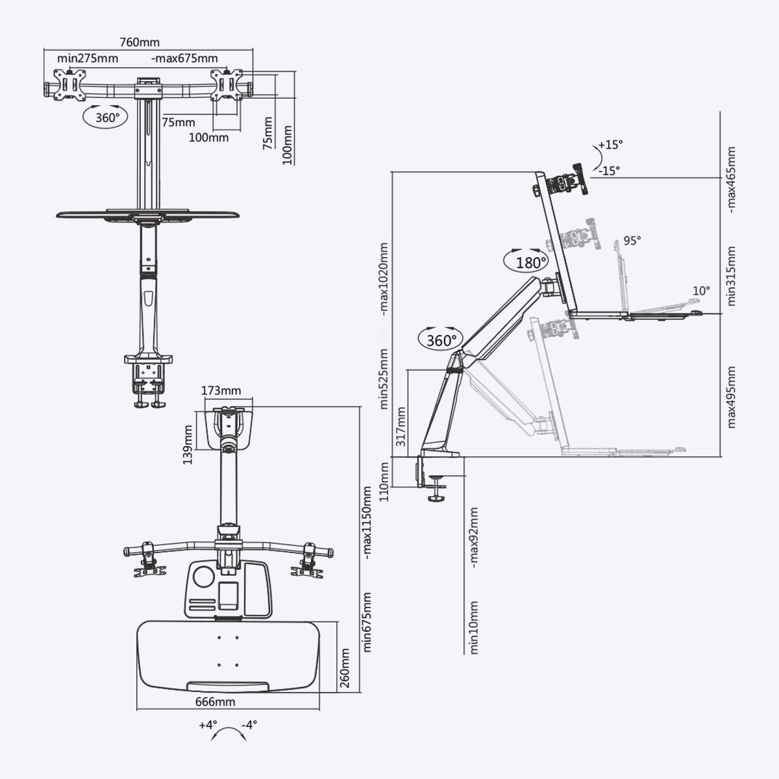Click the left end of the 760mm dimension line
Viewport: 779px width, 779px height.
[44, 49]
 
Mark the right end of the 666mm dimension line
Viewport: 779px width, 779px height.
[319, 709]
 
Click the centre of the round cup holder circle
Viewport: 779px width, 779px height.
[204, 577]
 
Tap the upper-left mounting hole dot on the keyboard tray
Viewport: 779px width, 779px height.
[219, 637]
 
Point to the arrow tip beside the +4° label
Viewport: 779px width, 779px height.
[212, 739]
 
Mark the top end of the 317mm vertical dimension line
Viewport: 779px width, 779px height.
[408, 370]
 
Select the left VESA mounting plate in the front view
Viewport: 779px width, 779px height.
[70, 84]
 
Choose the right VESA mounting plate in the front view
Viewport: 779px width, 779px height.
[227, 84]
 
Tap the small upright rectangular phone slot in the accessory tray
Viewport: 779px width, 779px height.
[228, 595]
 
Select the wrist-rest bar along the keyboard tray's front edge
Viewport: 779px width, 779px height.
[228, 686]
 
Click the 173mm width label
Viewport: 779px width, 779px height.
[221, 391]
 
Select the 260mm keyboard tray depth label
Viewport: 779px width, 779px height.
[345, 668]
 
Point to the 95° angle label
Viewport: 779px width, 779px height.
[632, 241]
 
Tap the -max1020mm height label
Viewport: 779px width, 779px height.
[384, 279]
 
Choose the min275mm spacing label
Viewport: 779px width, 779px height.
[88, 58]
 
